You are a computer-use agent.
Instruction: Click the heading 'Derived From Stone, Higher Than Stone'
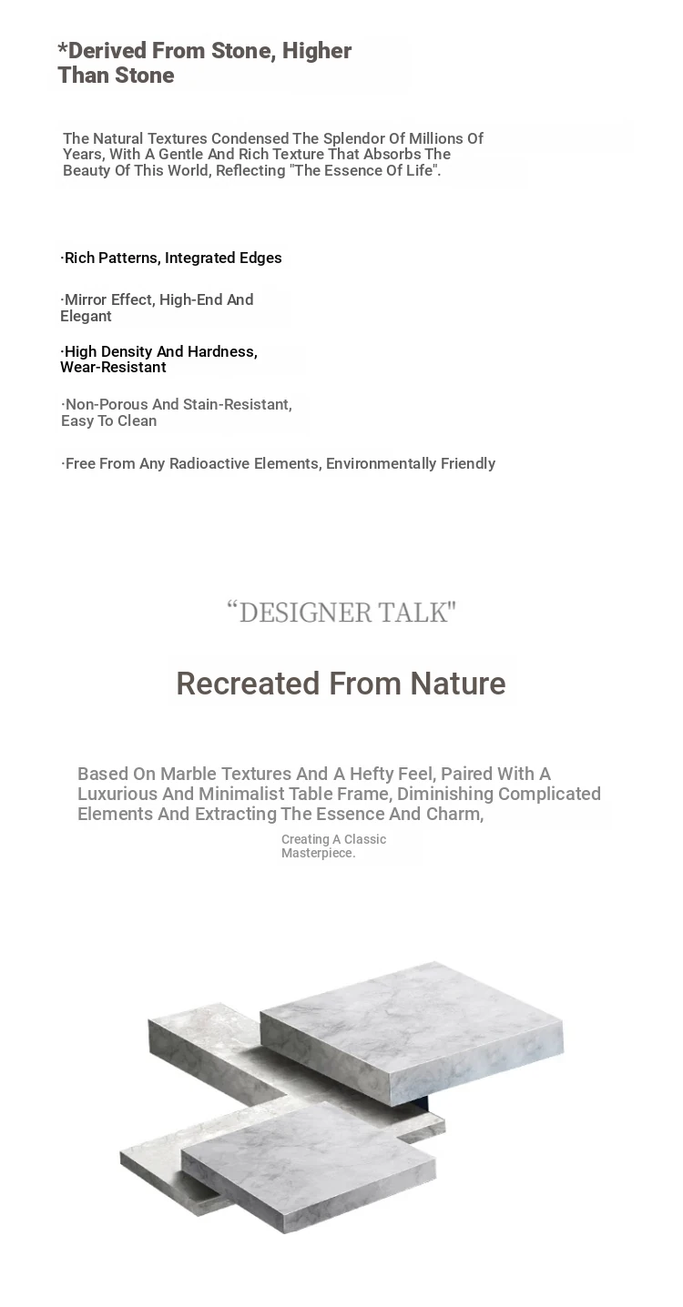[x=204, y=63]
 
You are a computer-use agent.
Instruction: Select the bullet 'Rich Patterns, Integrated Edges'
[x=171, y=258]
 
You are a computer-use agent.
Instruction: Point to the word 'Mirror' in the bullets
[x=86, y=299]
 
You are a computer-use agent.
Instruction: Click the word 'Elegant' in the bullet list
[x=86, y=317]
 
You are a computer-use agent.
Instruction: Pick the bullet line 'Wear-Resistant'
[x=113, y=368]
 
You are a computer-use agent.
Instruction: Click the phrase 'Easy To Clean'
[x=108, y=420]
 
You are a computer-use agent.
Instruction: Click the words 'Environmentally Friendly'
[x=411, y=463]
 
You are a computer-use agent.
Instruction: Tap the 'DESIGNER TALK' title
[x=341, y=613]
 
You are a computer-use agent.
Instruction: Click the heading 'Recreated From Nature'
[x=341, y=684]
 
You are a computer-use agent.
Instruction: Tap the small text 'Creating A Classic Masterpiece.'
[x=333, y=846]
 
